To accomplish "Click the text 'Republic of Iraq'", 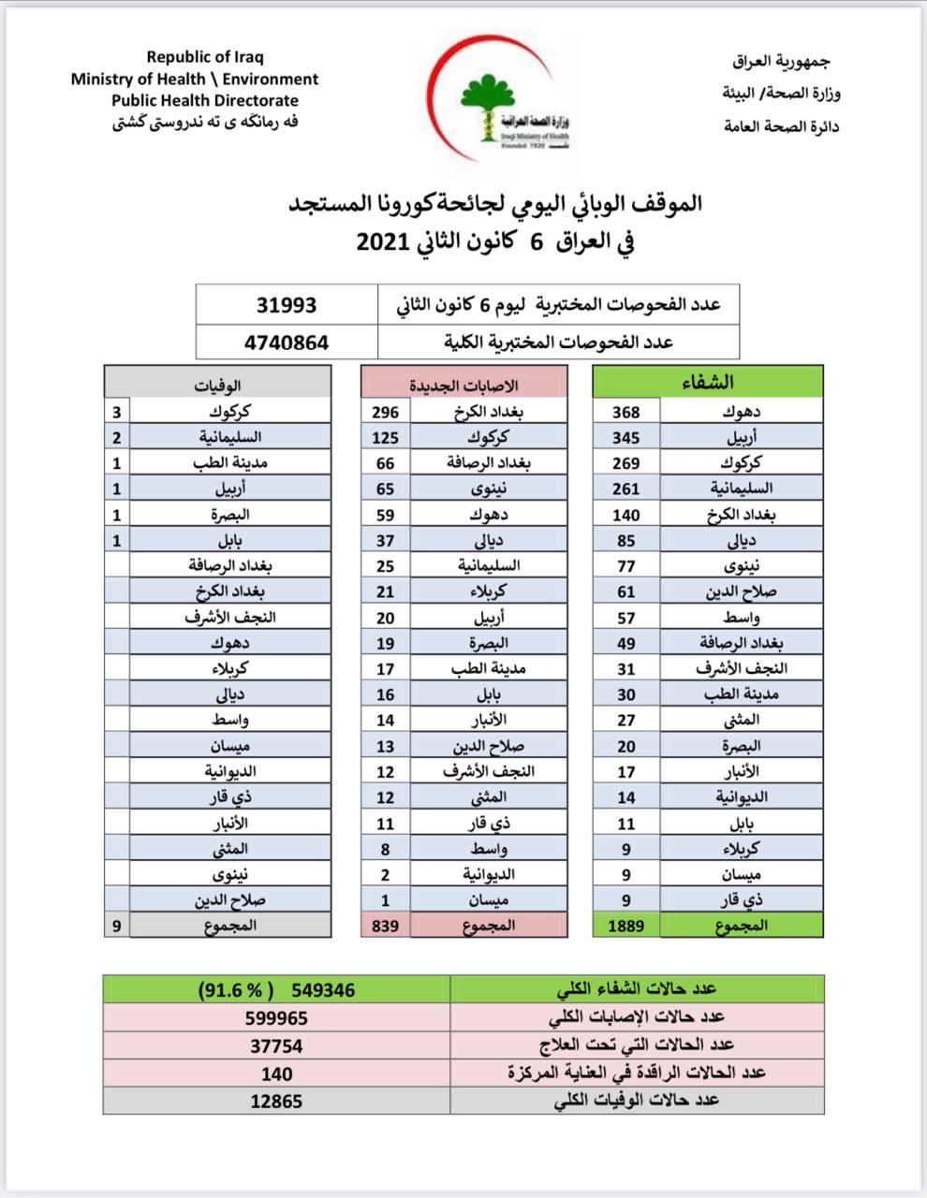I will tap(204, 58).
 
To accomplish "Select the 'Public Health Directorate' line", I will tap(204, 100).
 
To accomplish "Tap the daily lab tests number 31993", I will tap(287, 305).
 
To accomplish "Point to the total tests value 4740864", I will tap(287, 342).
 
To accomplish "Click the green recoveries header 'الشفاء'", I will tap(709, 381).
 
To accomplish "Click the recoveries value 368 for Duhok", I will tap(625, 412).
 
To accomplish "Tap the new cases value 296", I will tap(385, 412).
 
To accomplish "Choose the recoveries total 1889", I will tap(625, 925).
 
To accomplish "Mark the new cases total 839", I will tap(385, 925).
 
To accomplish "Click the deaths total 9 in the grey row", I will tap(116, 925).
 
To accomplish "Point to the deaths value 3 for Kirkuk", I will tap(116, 412).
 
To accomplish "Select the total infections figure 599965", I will tap(276, 1017).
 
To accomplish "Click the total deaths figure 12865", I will tap(276, 1101).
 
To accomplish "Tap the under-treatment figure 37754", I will tap(276, 1045).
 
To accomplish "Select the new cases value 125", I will tap(385, 437).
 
